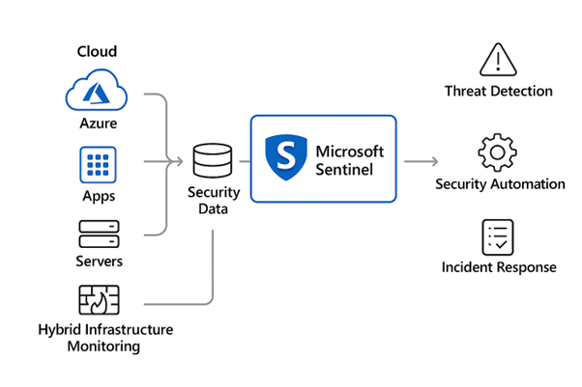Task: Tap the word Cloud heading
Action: pos(98,51)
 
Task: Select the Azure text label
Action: pos(99,125)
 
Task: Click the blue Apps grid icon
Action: pos(98,165)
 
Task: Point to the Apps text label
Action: pos(99,196)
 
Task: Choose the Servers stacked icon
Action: pos(99,233)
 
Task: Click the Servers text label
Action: pos(99,262)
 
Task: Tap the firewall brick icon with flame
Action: pos(99,301)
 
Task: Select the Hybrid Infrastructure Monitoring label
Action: pos(104,338)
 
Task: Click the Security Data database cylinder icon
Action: pos(213,160)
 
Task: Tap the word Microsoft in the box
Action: pos(350,151)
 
